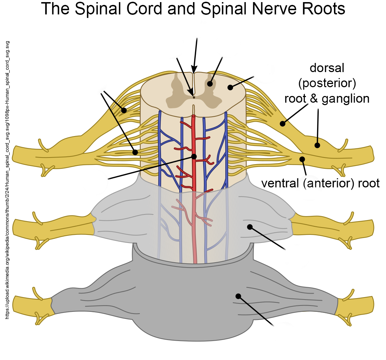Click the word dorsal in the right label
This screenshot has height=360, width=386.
pos(327,68)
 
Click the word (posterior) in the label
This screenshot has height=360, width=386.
pos(327,83)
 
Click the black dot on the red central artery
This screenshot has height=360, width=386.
pos(194,156)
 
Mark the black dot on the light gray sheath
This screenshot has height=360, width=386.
pos(250,227)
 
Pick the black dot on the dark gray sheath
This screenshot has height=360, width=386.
pos(238,296)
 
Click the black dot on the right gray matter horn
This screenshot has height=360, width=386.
pos(210,84)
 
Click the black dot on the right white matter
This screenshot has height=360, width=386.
pos(230,87)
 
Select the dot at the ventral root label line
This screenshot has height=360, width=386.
pos(302,159)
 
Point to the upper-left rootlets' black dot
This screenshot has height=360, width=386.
pos(124,110)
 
